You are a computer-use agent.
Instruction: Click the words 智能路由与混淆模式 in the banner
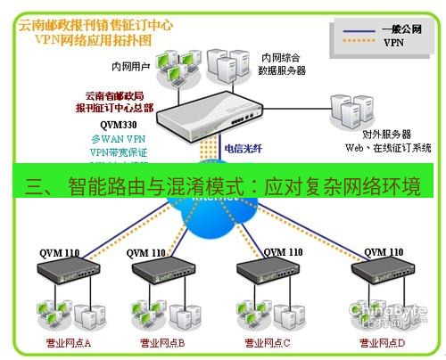coord(151,185)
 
